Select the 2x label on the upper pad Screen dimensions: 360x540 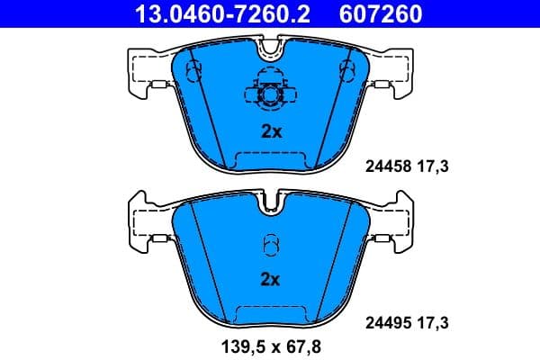271,131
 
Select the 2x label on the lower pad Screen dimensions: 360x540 271,279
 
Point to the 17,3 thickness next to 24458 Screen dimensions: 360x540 433,166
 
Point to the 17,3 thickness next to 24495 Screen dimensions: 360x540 433,320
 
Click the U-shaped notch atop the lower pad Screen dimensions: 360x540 270,204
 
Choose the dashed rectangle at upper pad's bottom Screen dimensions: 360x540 270,160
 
